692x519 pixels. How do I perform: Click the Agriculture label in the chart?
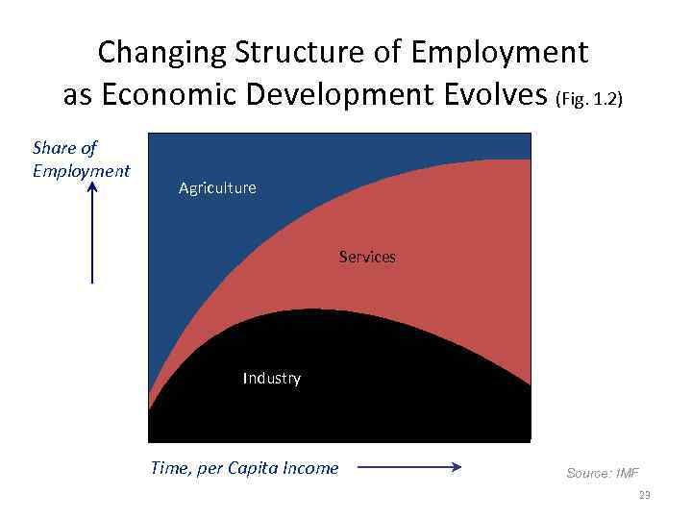(217, 188)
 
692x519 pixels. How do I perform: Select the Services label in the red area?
(367, 258)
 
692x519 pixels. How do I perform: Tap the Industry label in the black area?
(271, 379)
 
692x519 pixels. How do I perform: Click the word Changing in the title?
(155, 51)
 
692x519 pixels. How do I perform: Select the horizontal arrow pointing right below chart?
(409, 469)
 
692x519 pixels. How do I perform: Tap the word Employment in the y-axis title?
(81, 171)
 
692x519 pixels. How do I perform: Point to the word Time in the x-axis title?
(170, 468)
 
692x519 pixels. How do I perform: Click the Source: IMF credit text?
(602, 473)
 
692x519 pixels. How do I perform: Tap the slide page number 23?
(644, 495)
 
